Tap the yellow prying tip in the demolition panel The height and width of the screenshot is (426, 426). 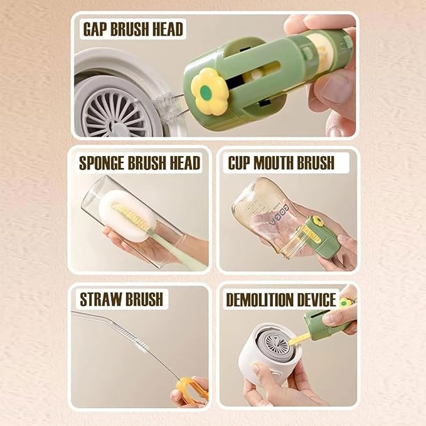point(300,339)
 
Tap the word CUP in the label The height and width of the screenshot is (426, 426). point(240,163)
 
